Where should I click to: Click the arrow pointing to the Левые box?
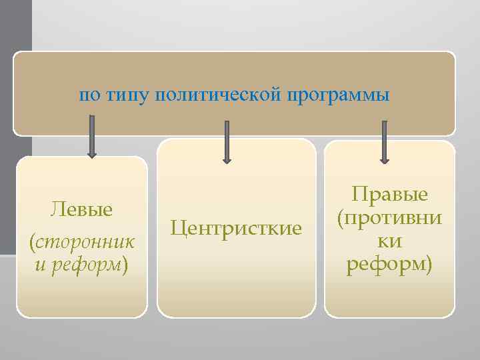click(x=92, y=137)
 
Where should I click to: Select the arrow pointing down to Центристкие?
click(x=227, y=141)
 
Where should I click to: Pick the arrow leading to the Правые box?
click(x=384, y=141)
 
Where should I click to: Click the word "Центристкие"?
click(x=236, y=229)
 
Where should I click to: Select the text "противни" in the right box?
click(x=394, y=218)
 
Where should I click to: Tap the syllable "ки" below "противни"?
click(x=390, y=241)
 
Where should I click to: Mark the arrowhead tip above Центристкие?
click(x=227, y=161)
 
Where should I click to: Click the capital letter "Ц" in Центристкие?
click(x=177, y=229)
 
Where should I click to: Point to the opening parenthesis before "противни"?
click(x=341, y=218)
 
